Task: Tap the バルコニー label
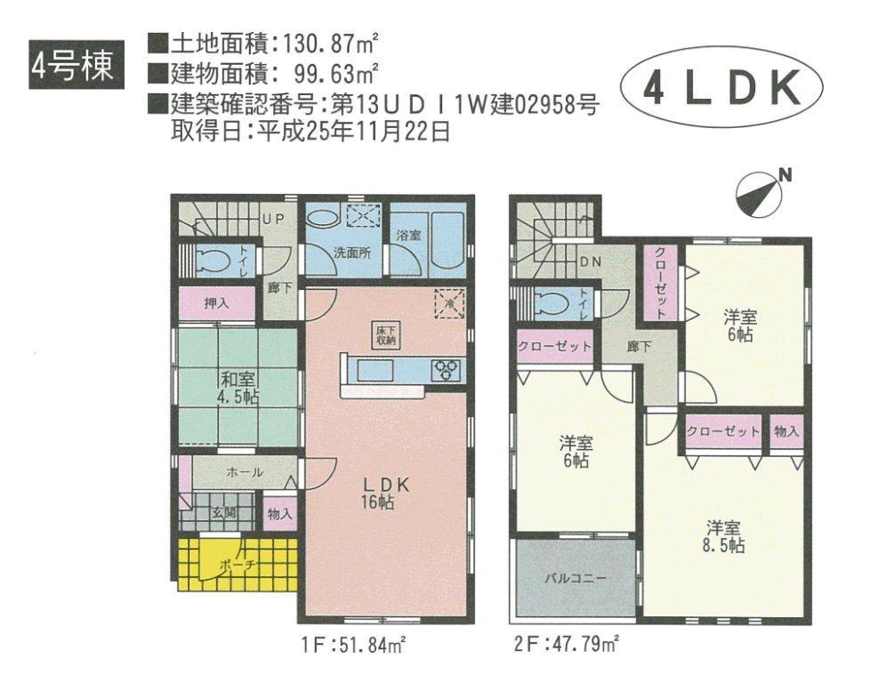(x=575, y=577)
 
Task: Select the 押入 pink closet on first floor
(x=216, y=303)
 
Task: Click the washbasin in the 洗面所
(x=321, y=218)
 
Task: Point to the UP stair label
(x=271, y=218)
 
